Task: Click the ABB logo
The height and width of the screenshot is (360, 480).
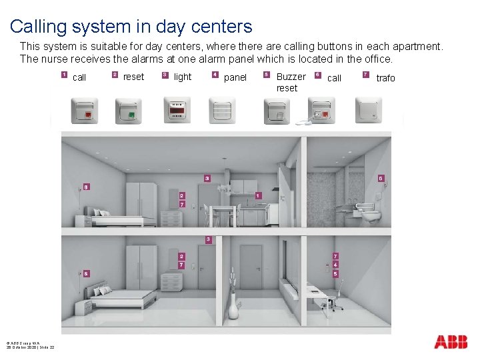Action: [x=451, y=342]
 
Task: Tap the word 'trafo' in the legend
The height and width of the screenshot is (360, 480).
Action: [x=385, y=78]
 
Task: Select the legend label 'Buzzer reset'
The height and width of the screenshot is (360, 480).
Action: [x=291, y=83]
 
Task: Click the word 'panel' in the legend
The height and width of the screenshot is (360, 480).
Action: [x=235, y=78]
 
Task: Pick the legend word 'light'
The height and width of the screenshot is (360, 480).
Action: [x=182, y=77]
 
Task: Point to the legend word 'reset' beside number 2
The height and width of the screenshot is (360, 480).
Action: [x=133, y=77]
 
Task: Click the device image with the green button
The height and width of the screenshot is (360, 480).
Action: [x=128, y=111]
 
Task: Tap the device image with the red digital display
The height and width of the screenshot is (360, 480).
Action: [x=177, y=110]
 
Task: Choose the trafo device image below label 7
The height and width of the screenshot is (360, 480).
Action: [x=368, y=110]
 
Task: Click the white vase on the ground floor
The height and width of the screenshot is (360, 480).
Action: [x=233, y=307]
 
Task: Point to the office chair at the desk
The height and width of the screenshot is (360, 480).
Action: [x=332, y=297]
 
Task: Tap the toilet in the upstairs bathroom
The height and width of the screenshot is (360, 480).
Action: [x=369, y=214]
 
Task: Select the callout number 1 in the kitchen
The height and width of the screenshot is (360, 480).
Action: [x=258, y=195]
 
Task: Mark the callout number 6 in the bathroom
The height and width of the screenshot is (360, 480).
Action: [x=381, y=179]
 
